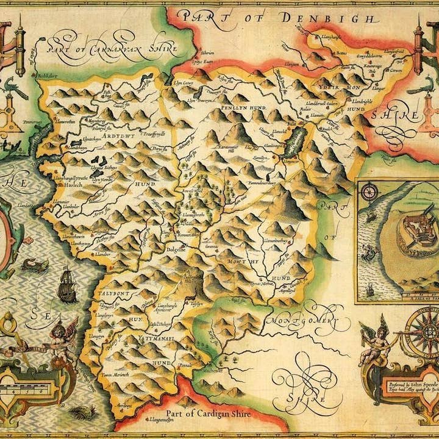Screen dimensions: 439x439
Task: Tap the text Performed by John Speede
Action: (405, 385)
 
